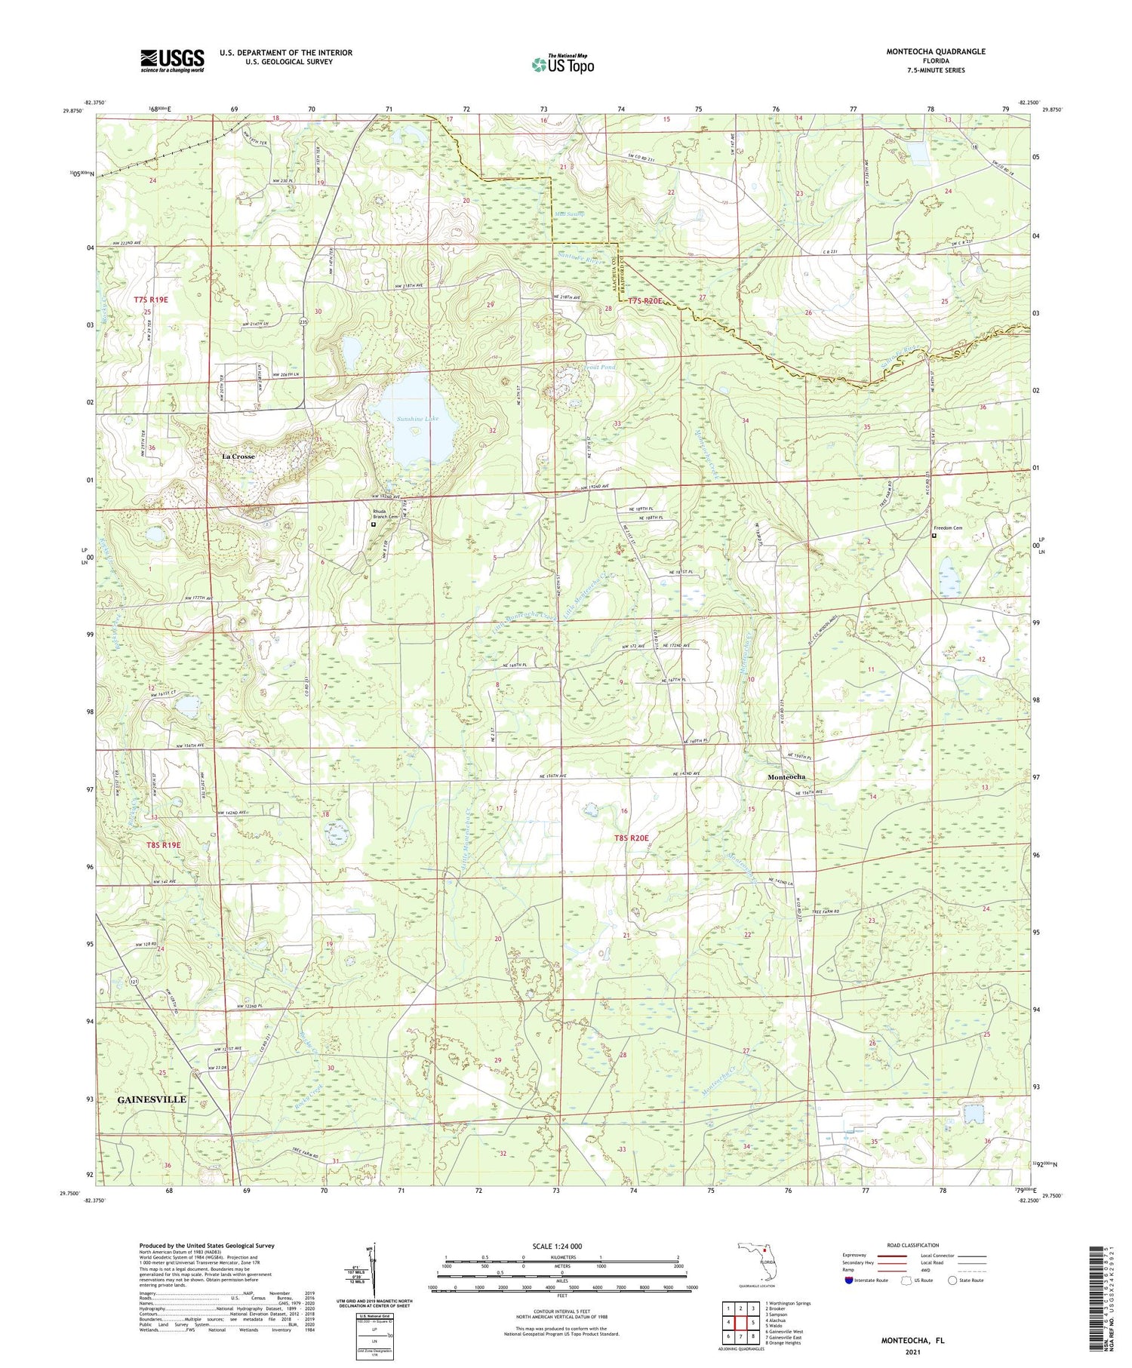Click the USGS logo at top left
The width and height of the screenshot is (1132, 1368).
[x=172, y=60]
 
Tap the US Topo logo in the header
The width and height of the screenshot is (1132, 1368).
[x=562, y=64]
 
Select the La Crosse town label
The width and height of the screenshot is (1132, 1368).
[x=238, y=457]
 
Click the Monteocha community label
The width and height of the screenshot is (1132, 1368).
[x=786, y=776]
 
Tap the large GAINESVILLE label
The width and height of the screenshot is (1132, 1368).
[x=152, y=1099]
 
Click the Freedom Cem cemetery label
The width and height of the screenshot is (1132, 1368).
[x=948, y=528]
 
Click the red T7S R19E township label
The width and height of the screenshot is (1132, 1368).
[x=151, y=300]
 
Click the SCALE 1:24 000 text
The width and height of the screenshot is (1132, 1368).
[x=562, y=1246]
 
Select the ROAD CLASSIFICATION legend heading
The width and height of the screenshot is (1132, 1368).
[x=913, y=1245]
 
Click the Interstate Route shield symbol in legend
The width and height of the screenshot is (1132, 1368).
[x=849, y=1280]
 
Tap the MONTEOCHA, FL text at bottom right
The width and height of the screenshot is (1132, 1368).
[x=912, y=1341]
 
